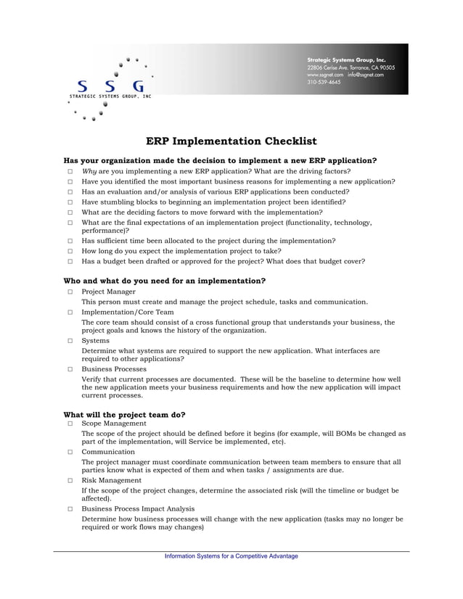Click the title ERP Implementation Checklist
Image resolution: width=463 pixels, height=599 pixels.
[x=231, y=141]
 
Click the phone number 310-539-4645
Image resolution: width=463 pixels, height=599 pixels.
[x=324, y=82]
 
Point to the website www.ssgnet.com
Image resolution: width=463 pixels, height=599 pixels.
[x=324, y=74]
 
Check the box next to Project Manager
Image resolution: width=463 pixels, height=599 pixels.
[x=70, y=292]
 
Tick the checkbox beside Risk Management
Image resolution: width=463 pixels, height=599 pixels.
[x=70, y=481]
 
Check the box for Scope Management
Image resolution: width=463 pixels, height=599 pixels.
[x=70, y=424]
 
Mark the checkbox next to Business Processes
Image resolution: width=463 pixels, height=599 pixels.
[x=70, y=369]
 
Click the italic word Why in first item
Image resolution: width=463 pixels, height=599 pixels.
[x=89, y=172]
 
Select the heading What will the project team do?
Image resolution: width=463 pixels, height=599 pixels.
[x=125, y=415]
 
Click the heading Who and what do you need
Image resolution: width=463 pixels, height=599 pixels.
[x=165, y=281]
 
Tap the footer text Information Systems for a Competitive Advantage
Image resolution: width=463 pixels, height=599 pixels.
[x=231, y=556]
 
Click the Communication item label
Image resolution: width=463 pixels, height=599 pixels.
[x=108, y=451]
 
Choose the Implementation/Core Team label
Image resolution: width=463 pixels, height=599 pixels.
[x=128, y=312]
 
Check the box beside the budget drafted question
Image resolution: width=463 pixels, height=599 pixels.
[x=70, y=261]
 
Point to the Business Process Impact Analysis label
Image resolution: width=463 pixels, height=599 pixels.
[x=138, y=509]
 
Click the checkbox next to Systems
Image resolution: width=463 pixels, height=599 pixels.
[x=70, y=340]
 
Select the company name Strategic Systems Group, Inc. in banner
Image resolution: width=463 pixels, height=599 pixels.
[x=346, y=59]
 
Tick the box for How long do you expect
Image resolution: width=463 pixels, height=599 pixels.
[x=70, y=251]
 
